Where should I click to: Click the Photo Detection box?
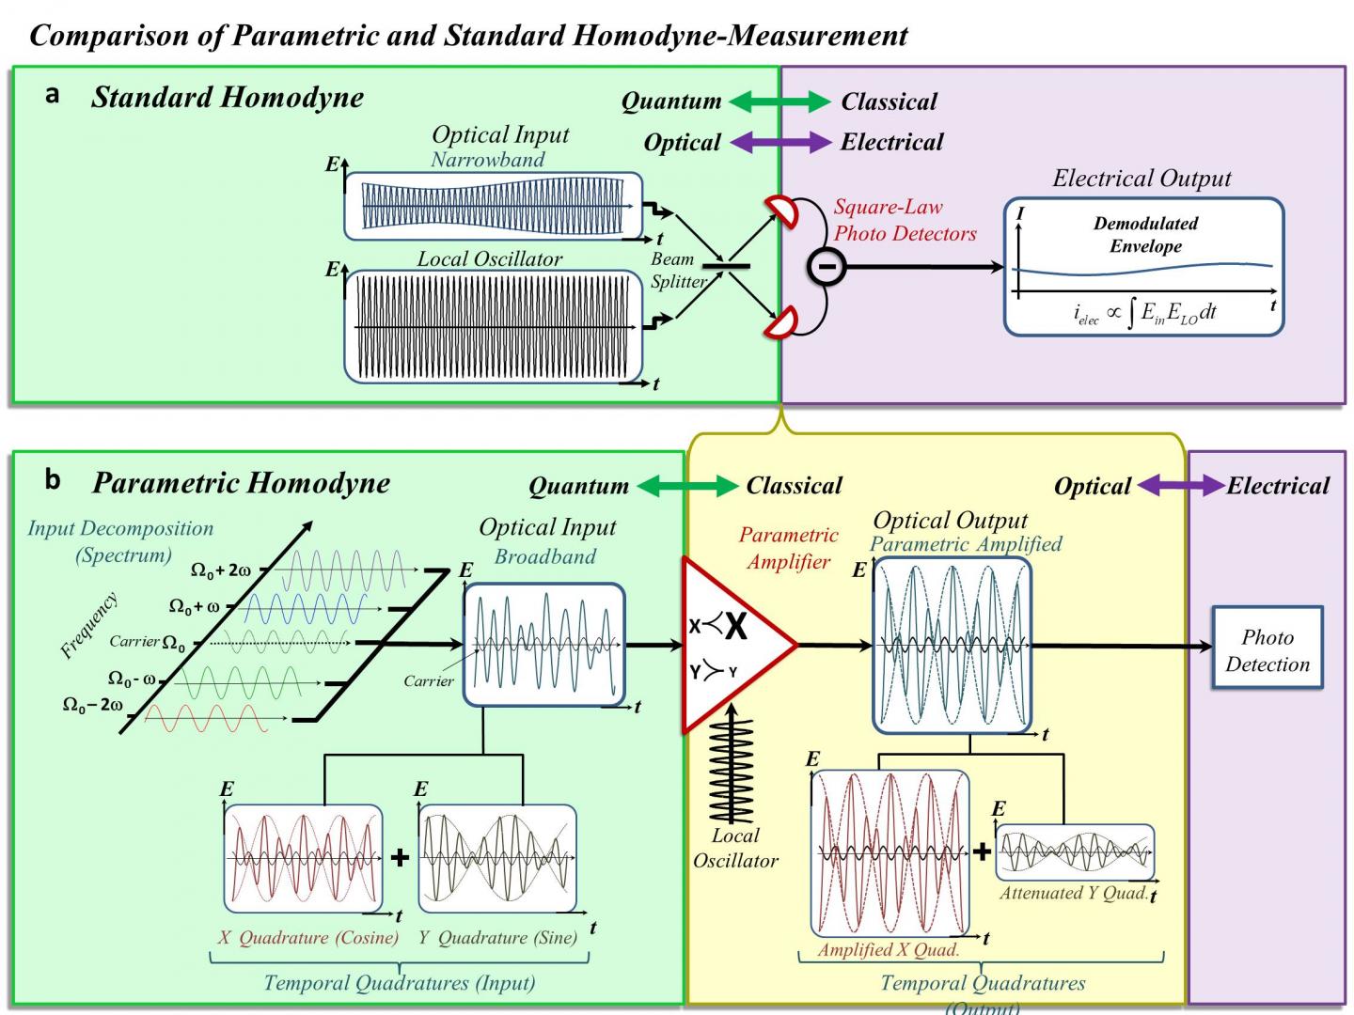pyautogui.click(x=1267, y=649)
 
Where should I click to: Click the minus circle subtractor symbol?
pyautogui.click(x=827, y=267)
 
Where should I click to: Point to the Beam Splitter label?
pyautogui.click(x=678, y=270)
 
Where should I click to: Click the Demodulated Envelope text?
pyautogui.click(x=1145, y=235)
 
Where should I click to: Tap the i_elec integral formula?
pyautogui.click(x=1144, y=313)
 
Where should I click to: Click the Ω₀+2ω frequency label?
pyautogui.click(x=221, y=570)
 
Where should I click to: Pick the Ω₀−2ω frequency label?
pyautogui.click(x=92, y=705)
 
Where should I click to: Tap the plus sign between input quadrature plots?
pyautogui.click(x=400, y=857)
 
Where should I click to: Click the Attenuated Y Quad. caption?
pyautogui.click(x=1073, y=893)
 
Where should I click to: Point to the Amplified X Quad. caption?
pyautogui.click(x=888, y=949)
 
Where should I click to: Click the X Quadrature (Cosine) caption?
pyautogui.click(x=308, y=937)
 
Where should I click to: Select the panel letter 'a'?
pyautogui.click(x=53, y=95)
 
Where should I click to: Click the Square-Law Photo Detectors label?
pyautogui.click(x=905, y=220)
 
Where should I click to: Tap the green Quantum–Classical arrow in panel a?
pyautogui.click(x=779, y=101)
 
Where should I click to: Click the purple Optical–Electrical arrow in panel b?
pyautogui.click(x=1180, y=486)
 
